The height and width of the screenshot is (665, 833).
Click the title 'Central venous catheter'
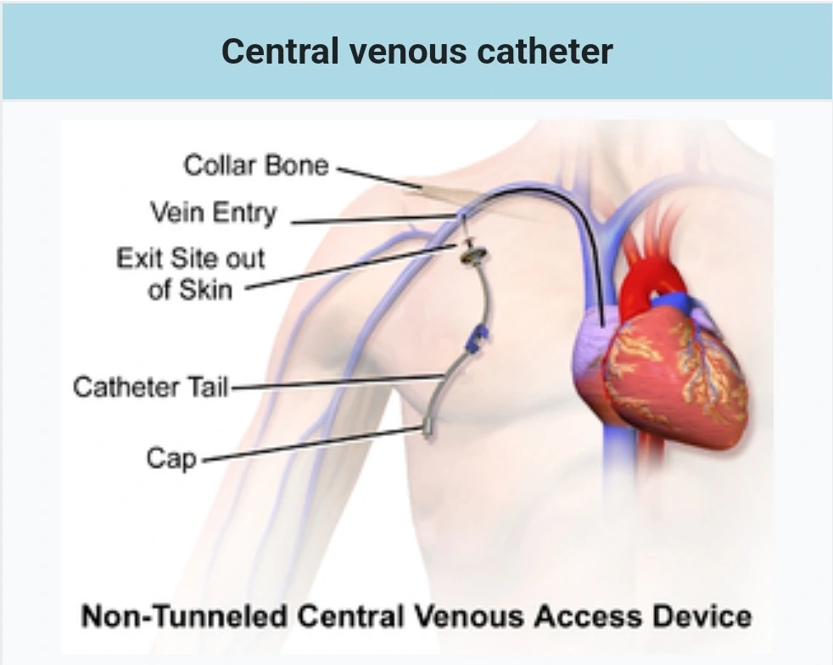[x=416, y=51]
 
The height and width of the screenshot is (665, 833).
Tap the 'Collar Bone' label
[x=255, y=164]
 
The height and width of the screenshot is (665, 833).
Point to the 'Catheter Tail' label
[x=150, y=388]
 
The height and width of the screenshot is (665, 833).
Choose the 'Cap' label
[x=171, y=458]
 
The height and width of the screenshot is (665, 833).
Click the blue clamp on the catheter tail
[x=477, y=338]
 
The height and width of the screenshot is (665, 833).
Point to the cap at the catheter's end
[x=426, y=433]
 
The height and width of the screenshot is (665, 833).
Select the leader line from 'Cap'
[x=314, y=445]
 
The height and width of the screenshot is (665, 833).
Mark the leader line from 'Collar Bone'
[x=377, y=176]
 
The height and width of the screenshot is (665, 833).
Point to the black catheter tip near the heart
[x=601, y=319]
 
